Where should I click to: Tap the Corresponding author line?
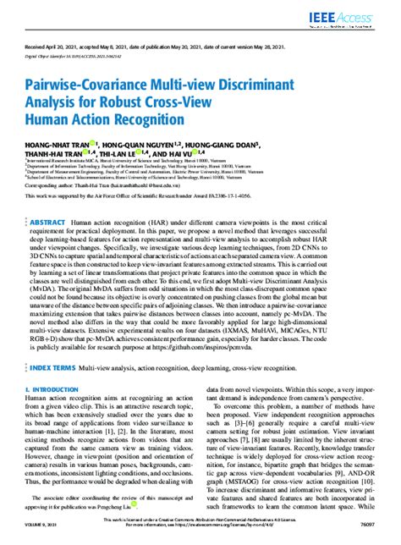119,184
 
